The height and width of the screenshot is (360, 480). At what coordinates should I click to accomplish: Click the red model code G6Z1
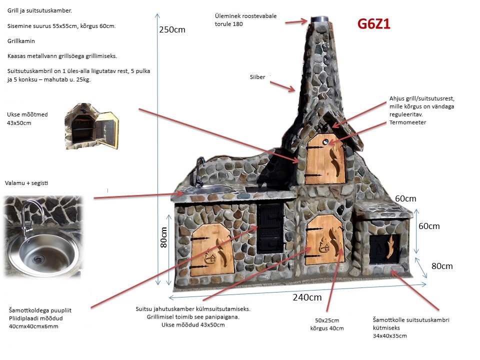point(373,24)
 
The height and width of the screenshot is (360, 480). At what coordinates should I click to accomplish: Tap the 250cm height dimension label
point(172,29)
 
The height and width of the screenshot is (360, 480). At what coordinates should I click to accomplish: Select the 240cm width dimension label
point(307,297)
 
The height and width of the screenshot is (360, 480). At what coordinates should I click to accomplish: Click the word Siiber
point(257,77)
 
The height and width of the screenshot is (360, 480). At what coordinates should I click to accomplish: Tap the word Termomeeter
point(407,122)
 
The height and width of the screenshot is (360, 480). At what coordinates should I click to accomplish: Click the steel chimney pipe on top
point(318,20)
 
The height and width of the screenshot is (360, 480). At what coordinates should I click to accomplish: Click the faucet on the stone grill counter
point(199,170)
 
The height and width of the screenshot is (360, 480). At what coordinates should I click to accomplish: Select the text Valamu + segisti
point(27,183)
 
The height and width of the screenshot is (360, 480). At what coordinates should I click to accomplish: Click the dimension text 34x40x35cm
point(390,335)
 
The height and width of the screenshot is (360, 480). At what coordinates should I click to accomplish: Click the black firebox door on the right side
point(384,249)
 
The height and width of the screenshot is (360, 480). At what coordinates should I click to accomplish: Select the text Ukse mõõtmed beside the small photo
point(27,114)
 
